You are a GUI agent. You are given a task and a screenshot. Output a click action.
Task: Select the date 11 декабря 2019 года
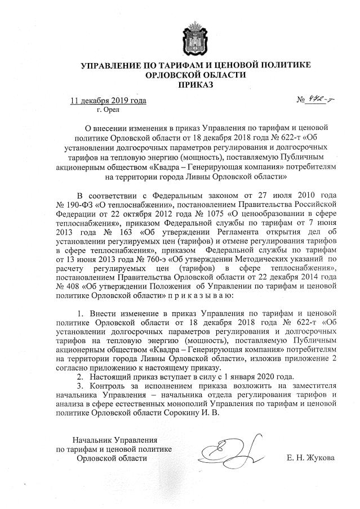point(108,101)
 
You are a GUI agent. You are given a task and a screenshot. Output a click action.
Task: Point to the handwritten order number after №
point(317,100)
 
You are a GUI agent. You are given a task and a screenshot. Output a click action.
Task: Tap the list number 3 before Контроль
point(78,385)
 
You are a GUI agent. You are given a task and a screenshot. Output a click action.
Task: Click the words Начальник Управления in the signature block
point(110,439)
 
